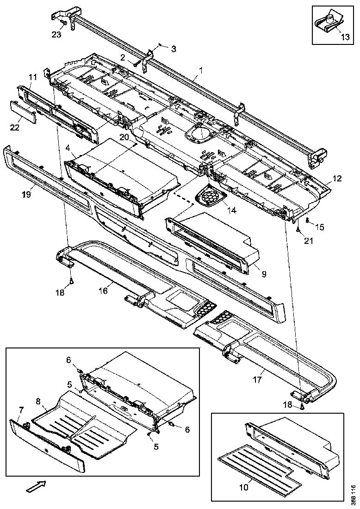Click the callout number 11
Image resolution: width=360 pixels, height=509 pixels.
[x=32, y=77]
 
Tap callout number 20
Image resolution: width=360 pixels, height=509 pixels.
[x=124, y=137]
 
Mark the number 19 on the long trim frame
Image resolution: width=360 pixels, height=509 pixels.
[x=26, y=194]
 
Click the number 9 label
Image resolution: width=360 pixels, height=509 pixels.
[x=263, y=274]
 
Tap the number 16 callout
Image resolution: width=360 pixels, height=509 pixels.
[x=103, y=290]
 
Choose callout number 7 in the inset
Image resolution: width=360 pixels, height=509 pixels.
[x=21, y=411]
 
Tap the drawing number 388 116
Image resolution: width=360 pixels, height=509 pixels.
[x=353, y=494]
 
